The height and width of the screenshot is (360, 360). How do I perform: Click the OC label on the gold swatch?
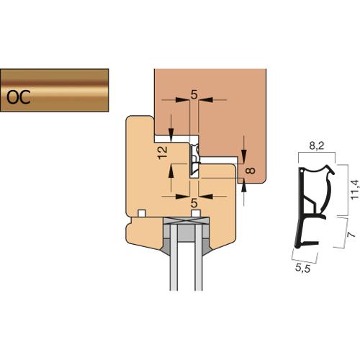click(x=19, y=97)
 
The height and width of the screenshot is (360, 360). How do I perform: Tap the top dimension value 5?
click(x=194, y=95)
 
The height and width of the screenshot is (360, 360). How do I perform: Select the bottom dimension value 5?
click(x=194, y=204)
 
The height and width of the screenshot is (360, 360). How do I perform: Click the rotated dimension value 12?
click(x=163, y=152)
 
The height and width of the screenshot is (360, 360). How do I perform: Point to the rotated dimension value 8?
click(x=251, y=171)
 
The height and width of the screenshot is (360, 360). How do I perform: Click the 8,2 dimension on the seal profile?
click(x=317, y=145)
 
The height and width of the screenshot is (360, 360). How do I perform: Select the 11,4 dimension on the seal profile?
click(x=354, y=189)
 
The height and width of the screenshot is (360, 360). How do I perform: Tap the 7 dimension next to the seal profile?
click(x=351, y=234)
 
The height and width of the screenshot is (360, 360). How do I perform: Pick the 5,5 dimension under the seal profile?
click(x=302, y=268)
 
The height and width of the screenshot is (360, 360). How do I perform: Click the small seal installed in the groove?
click(x=195, y=159)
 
